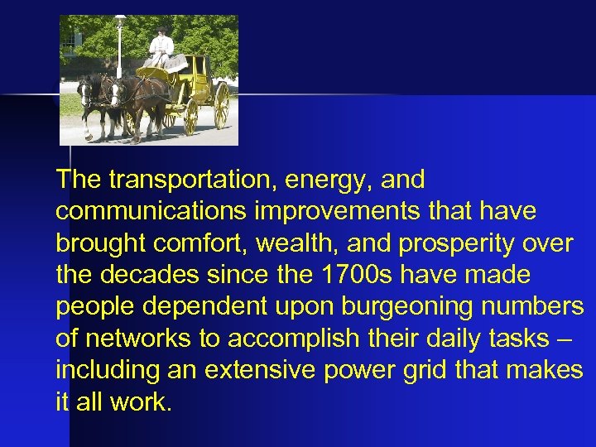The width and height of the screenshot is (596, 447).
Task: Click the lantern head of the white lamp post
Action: [120, 22]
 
